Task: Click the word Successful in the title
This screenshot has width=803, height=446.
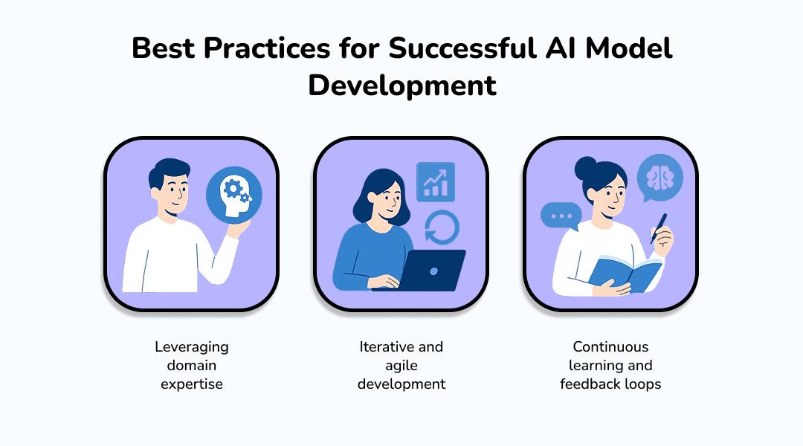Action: pyautogui.click(x=462, y=48)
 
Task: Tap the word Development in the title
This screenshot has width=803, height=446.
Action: pyautogui.click(x=402, y=85)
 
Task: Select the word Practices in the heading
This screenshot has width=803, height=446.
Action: pyautogui.click(x=267, y=48)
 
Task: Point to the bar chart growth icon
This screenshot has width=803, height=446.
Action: pyautogui.click(x=436, y=182)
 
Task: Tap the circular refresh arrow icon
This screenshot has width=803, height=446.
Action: pyautogui.click(x=442, y=227)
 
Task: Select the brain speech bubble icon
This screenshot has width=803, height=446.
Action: pyautogui.click(x=660, y=178)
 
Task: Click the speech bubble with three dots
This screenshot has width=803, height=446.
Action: pyautogui.click(x=561, y=216)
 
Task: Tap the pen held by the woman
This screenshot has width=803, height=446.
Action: pyautogui.click(x=659, y=228)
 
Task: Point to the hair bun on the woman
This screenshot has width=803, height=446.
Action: pyautogui.click(x=585, y=168)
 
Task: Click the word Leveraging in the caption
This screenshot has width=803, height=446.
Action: pyautogui.click(x=192, y=347)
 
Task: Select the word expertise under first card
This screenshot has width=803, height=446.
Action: pyautogui.click(x=192, y=384)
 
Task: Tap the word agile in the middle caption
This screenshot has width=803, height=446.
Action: pyautogui.click(x=401, y=366)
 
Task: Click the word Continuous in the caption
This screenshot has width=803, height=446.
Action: pyautogui.click(x=610, y=346)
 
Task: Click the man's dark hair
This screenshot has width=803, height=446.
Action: pyautogui.click(x=168, y=172)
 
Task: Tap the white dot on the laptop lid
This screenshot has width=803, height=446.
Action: pyautogui.click(x=433, y=271)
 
